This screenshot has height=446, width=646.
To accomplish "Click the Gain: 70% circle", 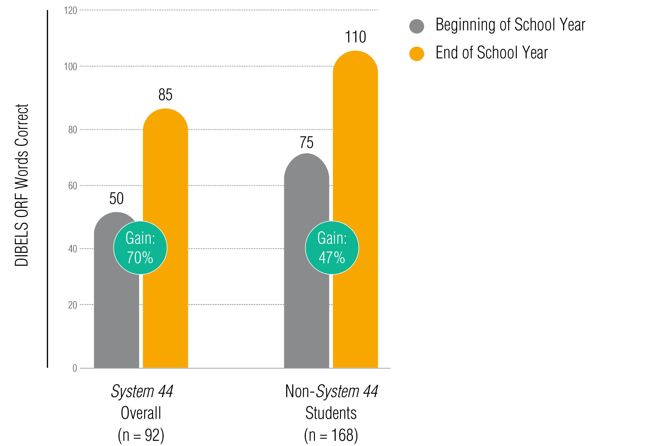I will [x=140, y=248].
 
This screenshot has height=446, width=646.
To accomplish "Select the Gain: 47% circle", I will [x=332, y=248].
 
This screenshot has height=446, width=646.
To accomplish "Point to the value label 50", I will [x=116, y=199].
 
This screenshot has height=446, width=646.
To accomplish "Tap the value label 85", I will [x=165, y=95].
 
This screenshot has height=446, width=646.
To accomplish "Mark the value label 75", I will [x=306, y=143].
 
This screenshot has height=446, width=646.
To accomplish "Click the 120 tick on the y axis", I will [x=70, y=11].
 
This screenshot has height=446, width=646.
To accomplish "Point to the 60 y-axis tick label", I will [x=72, y=186].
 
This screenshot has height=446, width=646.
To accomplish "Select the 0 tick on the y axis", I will [x=75, y=368].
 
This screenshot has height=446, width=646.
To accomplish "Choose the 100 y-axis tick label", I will [x=70, y=67].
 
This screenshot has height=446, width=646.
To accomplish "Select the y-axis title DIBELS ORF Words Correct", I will [x=22, y=185].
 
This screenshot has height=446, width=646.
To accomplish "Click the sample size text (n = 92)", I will [x=141, y=435].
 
